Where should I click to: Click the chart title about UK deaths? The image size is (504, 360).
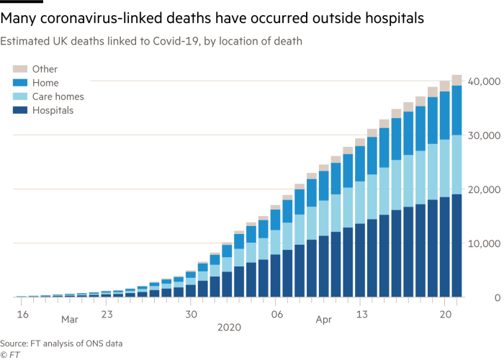[151, 42]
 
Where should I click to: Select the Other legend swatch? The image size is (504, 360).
[19, 69]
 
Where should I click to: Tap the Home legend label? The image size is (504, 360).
[45, 83]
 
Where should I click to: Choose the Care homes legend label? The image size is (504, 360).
[58, 96]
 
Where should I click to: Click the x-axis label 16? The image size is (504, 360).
[22, 314]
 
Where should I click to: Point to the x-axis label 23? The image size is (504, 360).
[106, 314]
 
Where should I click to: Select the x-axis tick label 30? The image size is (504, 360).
[191, 314]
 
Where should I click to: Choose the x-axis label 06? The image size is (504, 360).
[276, 314]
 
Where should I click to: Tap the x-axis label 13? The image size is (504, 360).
[361, 314]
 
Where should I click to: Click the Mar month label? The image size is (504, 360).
[69, 318]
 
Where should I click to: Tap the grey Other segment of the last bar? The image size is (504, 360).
[456, 79]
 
